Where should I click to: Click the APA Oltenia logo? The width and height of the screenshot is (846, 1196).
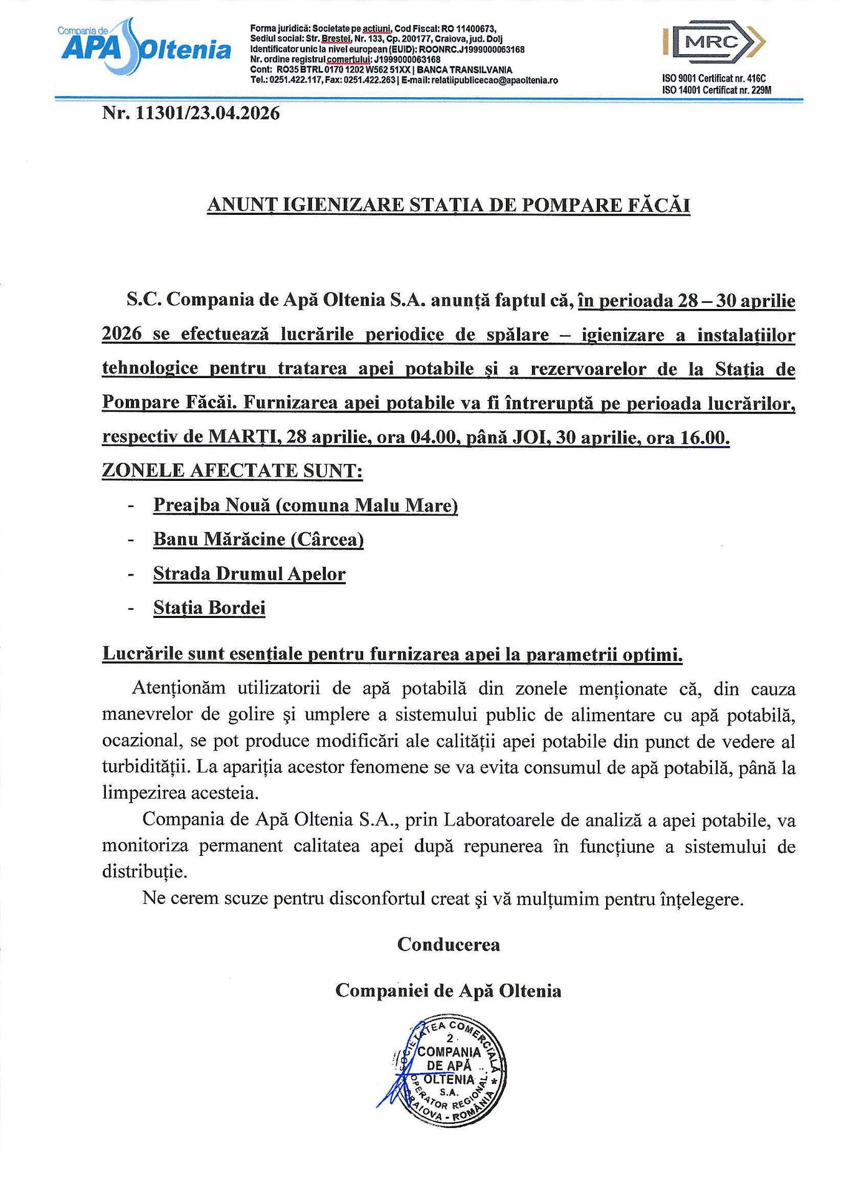144,47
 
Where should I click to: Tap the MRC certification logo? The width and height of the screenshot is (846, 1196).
713,42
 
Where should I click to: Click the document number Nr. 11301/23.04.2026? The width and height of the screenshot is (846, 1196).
191,113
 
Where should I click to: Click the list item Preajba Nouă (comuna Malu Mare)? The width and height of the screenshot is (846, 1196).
305,505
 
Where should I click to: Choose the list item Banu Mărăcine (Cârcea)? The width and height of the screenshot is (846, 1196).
259,539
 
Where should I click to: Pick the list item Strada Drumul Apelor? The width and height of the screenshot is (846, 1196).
249,573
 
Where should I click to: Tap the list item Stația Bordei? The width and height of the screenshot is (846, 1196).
209,607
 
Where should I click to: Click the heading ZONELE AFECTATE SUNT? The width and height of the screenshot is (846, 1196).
232,470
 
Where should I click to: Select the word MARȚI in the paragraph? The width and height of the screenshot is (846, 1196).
243,437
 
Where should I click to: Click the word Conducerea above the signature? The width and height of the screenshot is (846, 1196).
449,945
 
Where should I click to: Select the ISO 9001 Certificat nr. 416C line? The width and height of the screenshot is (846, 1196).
714,78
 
